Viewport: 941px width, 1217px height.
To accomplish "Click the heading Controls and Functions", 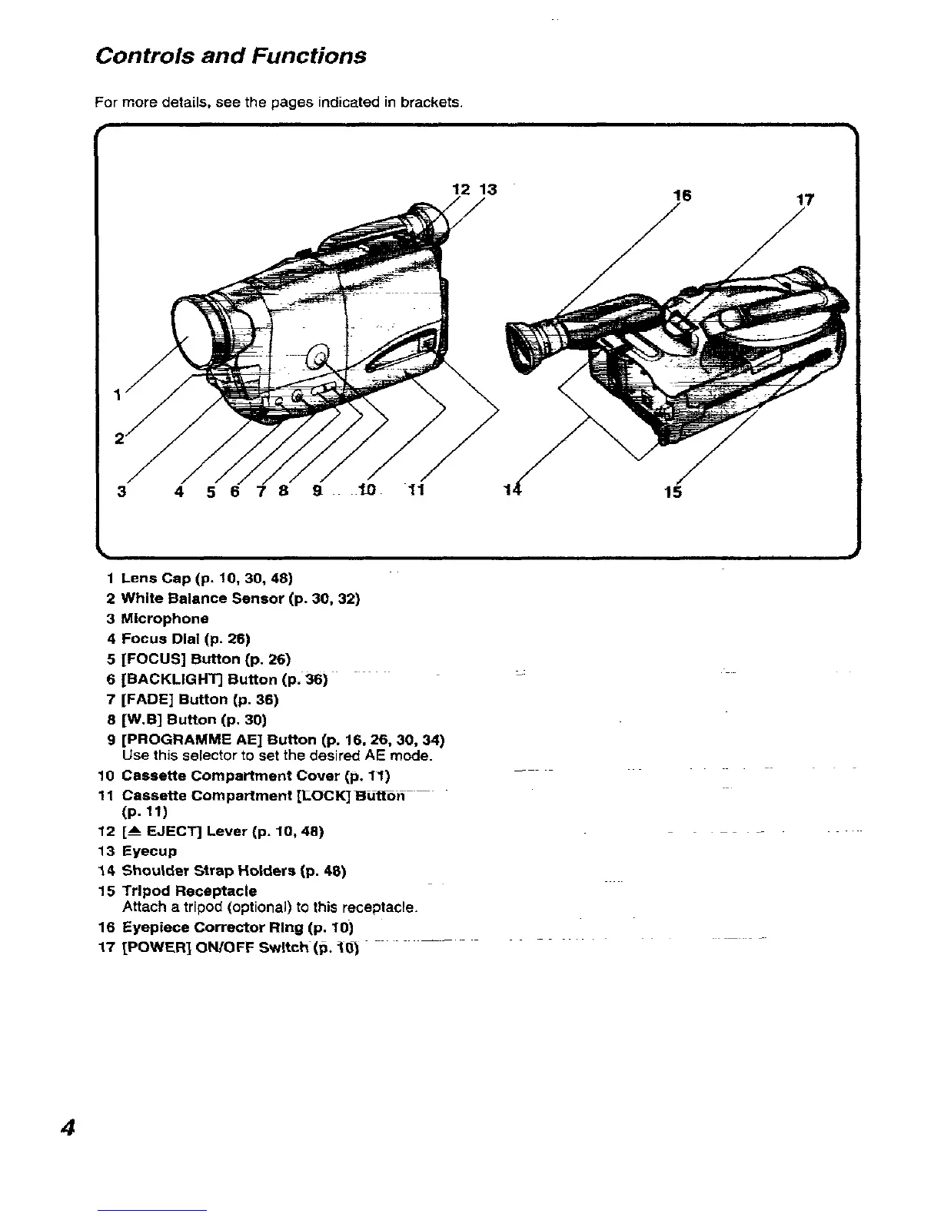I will (x=230, y=56).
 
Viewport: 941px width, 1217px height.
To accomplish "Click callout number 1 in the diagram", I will (x=117, y=396).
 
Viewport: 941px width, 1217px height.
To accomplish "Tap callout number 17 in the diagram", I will (x=805, y=201).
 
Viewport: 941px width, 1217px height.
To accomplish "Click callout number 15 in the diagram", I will (x=673, y=492).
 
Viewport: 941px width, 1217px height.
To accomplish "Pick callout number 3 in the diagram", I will (x=121, y=492).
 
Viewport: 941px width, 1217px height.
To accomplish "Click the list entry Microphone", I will (x=165, y=618).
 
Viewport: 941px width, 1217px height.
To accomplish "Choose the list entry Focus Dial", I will (x=186, y=638).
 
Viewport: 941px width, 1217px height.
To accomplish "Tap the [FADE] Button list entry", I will (x=199, y=699).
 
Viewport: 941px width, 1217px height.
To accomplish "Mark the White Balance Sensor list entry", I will (x=240, y=598).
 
